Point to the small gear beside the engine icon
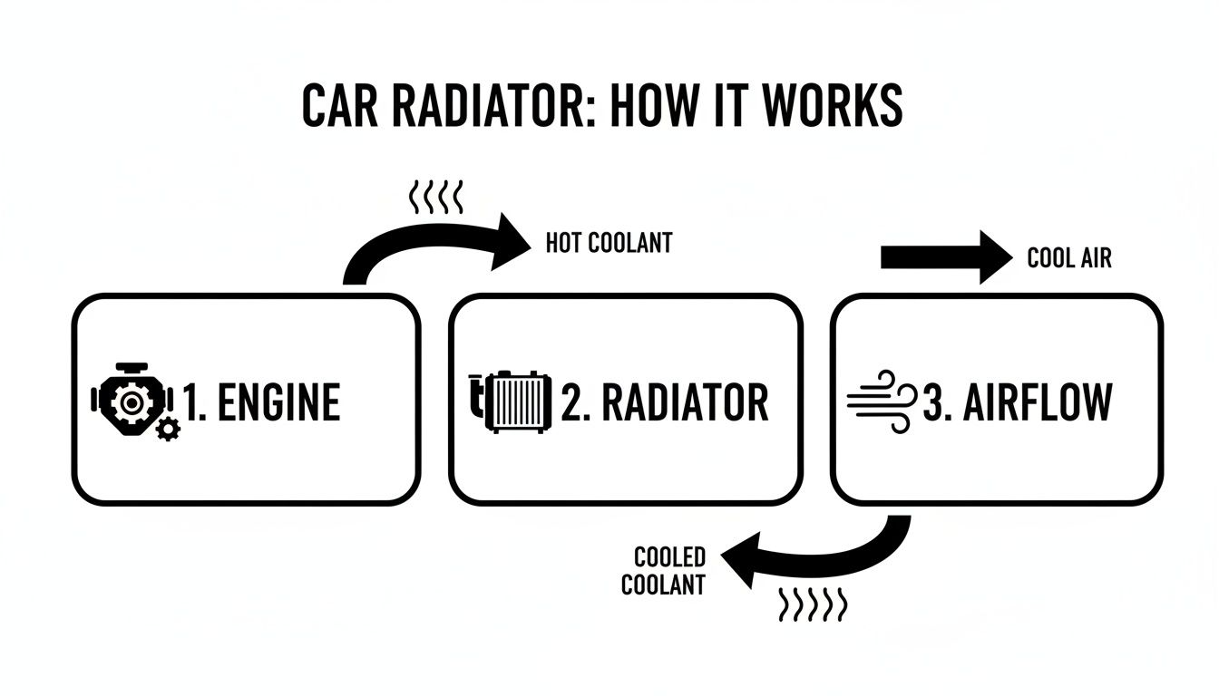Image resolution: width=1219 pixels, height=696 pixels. tap(168, 430)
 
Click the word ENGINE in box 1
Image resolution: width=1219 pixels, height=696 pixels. tap(276, 403)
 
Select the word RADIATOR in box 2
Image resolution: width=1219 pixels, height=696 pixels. tap(686, 402)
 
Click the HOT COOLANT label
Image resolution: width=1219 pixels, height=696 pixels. tap(609, 243)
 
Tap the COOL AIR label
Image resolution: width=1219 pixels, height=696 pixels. tap(1068, 258)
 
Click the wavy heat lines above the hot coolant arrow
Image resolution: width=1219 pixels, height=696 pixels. tap(437, 194)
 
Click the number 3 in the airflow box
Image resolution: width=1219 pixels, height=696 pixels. tap(934, 403)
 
